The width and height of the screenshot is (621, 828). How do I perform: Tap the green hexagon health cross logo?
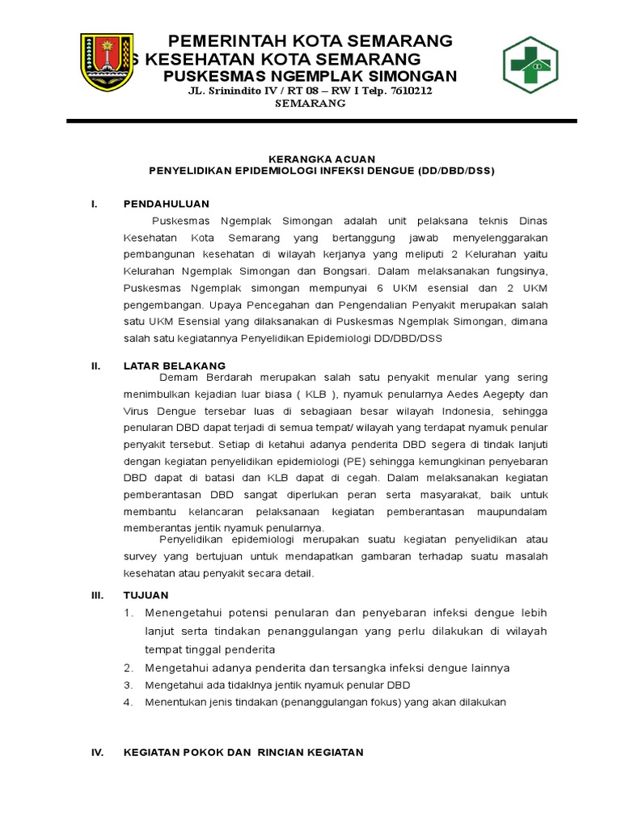click(x=536, y=65)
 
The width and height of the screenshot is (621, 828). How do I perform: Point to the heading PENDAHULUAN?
click(x=166, y=204)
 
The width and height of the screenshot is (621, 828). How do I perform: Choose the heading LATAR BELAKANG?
click(x=174, y=365)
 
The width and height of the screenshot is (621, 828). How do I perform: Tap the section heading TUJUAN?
click(x=146, y=594)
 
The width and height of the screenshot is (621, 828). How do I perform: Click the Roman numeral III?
click(x=97, y=594)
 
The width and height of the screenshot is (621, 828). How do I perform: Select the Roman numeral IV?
click(x=97, y=752)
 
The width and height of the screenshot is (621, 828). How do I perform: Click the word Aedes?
click(x=475, y=394)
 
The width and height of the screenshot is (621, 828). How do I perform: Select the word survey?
click(x=139, y=556)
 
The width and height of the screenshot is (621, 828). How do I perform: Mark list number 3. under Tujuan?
click(x=128, y=685)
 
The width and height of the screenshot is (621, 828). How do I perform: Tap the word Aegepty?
click(x=521, y=394)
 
